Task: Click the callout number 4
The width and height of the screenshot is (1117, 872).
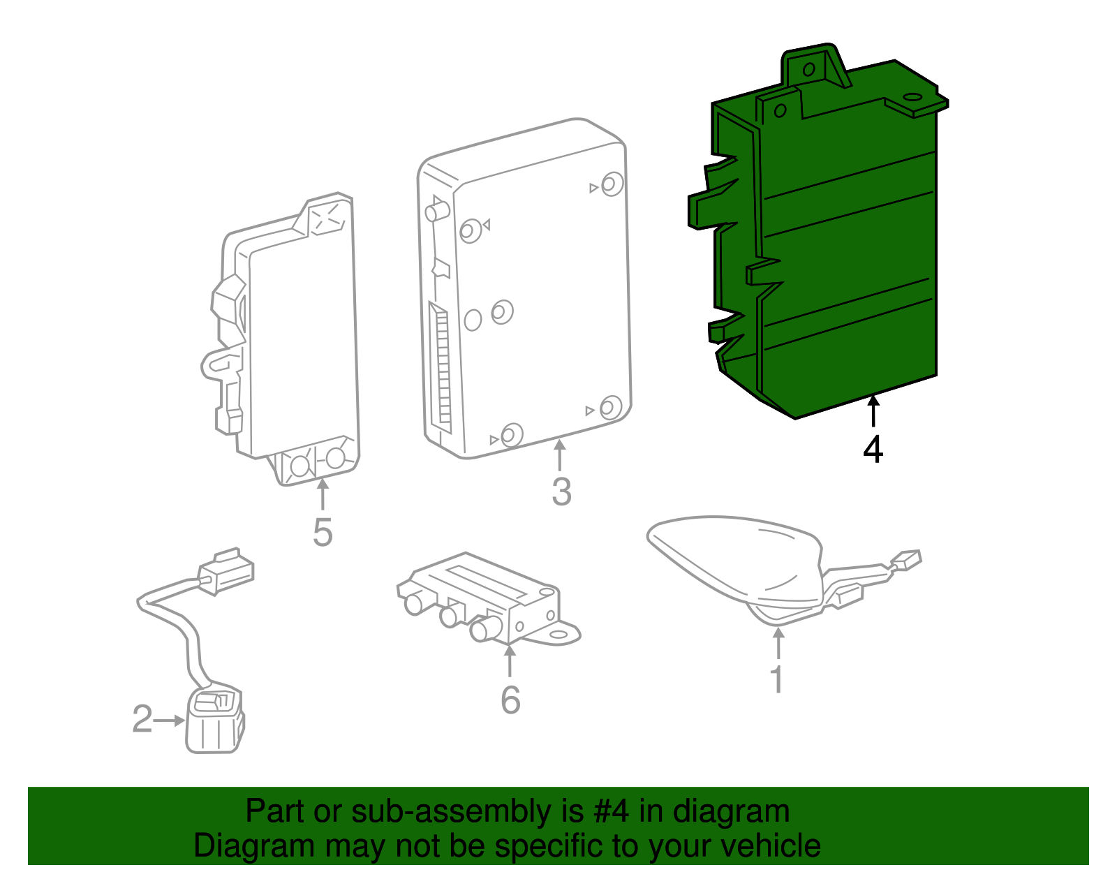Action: [x=873, y=450]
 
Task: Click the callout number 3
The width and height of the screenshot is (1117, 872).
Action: [x=561, y=492]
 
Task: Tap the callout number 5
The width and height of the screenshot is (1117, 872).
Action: [x=322, y=532]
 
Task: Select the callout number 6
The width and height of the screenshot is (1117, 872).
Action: [x=510, y=700]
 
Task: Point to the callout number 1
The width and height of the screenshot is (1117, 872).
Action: [x=777, y=679]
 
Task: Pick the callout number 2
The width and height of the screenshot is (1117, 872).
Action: [x=142, y=719]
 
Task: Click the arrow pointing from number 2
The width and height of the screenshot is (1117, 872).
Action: [x=169, y=720]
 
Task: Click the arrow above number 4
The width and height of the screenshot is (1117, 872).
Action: [x=873, y=411]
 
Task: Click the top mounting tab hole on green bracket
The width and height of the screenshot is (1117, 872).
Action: [x=809, y=69]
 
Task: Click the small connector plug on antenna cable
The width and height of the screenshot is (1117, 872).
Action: [x=906, y=560]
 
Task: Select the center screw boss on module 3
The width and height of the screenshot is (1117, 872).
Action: [x=502, y=312]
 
